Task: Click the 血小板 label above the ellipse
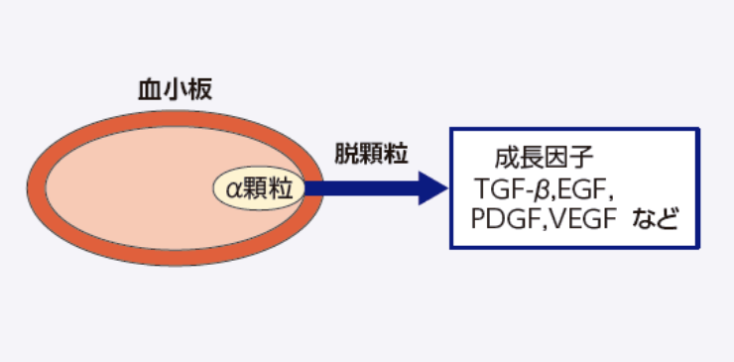[x=174, y=90]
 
